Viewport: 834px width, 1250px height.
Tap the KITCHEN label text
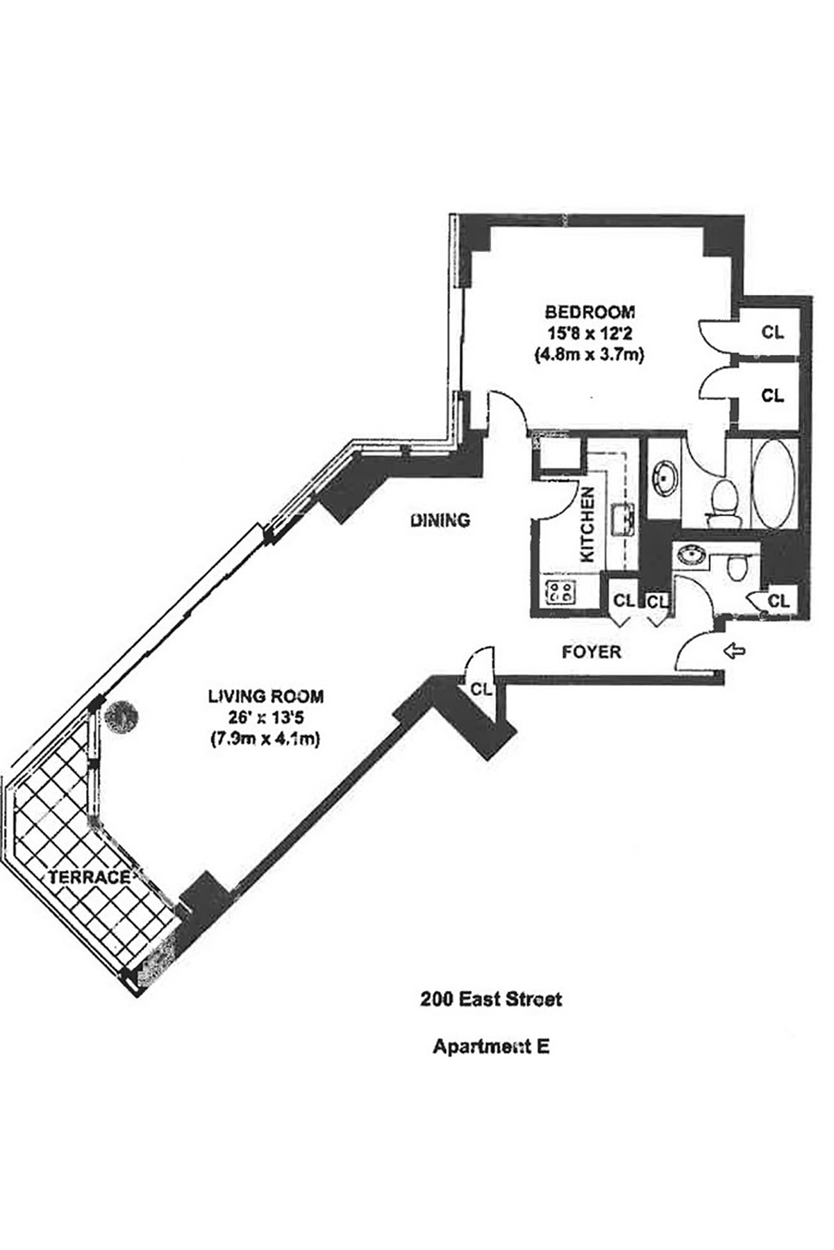pyautogui.click(x=587, y=524)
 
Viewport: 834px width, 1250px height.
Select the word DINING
pyautogui.click(x=440, y=519)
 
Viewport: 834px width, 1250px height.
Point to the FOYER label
pyautogui.click(x=591, y=652)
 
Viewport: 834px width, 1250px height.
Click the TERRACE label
pyautogui.click(x=89, y=877)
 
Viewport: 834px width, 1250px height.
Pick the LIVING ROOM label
pyautogui.click(x=265, y=696)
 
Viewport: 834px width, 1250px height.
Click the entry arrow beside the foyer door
pyautogui.click(x=734, y=651)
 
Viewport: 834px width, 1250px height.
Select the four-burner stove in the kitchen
pyautogui.click(x=560, y=592)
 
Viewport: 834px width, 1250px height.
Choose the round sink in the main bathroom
pyautogui.click(x=664, y=477)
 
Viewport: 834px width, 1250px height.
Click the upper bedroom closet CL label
pyautogui.click(x=772, y=333)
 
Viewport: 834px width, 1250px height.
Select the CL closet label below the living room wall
pyautogui.click(x=481, y=690)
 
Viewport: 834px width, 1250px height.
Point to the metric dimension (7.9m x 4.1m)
pyautogui.click(x=265, y=740)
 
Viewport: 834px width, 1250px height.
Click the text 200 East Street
pyautogui.click(x=490, y=999)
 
